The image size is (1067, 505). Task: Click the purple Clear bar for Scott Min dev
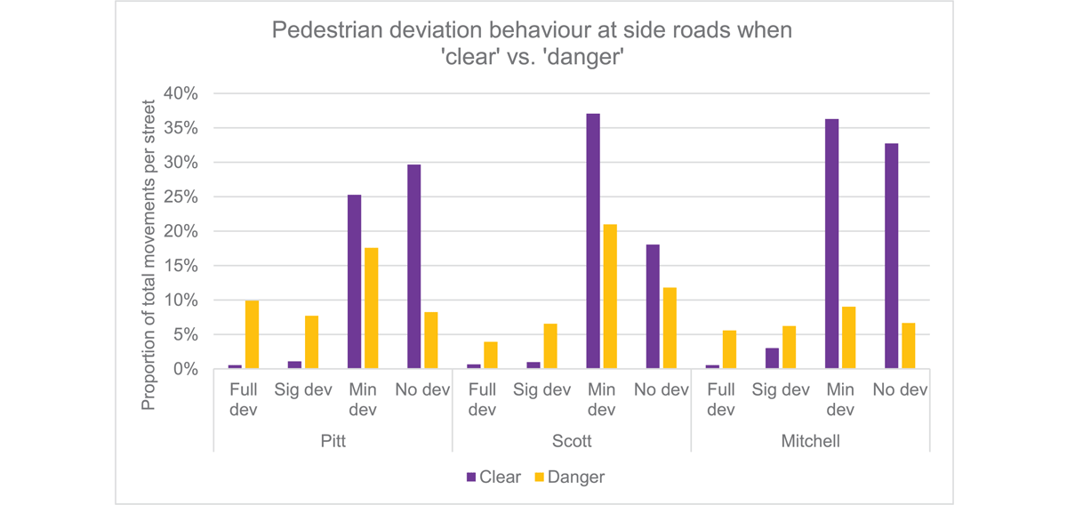[593, 241]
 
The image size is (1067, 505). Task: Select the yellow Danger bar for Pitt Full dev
[252, 335]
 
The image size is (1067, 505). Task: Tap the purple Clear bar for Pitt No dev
[413, 267]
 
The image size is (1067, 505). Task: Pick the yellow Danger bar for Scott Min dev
[609, 297]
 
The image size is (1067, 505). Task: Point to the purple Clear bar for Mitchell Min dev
[831, 244]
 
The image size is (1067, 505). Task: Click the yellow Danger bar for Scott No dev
[669, 328]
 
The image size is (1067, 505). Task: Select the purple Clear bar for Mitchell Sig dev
[772, 358]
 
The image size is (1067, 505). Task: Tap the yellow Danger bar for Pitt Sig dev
[311, 342]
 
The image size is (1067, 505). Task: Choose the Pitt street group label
[333, 441]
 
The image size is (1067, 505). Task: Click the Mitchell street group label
[809, 441]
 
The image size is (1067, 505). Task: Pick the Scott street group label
[572, 441]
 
